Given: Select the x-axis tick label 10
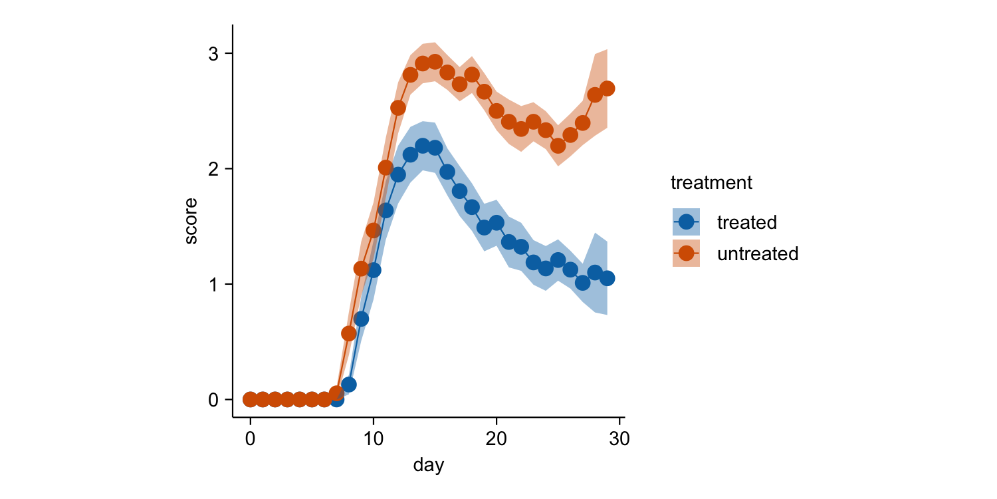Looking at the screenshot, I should click(x=374, y=439).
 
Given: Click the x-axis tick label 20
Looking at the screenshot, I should click(x=497, y=439).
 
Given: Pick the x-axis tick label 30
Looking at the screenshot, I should click(x=619, y=439).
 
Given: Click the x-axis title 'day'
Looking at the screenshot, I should click(x=429, y=465).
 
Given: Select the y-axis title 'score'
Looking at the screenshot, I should click(x=191, y=221).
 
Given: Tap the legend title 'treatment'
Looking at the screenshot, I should click(x=711, y=182).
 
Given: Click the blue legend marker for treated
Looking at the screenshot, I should click(x=686, y=222).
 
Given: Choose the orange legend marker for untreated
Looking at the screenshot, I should click(x=686, y=253).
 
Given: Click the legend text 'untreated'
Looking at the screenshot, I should click(x=758, y=253).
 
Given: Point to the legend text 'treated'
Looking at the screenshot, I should click(x=747, y=222).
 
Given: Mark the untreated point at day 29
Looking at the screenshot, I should click(x=607, y=88).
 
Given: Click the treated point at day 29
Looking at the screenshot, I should click(x=607, y=278).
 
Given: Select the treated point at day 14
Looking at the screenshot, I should click(x=423, y=146).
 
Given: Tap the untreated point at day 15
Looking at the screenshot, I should click(x=435, y=62).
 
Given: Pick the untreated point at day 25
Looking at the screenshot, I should click(x=558, y=146).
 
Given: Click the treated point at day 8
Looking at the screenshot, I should click(x=349, y=385).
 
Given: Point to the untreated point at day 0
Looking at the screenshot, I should click(x=251, y=399).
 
